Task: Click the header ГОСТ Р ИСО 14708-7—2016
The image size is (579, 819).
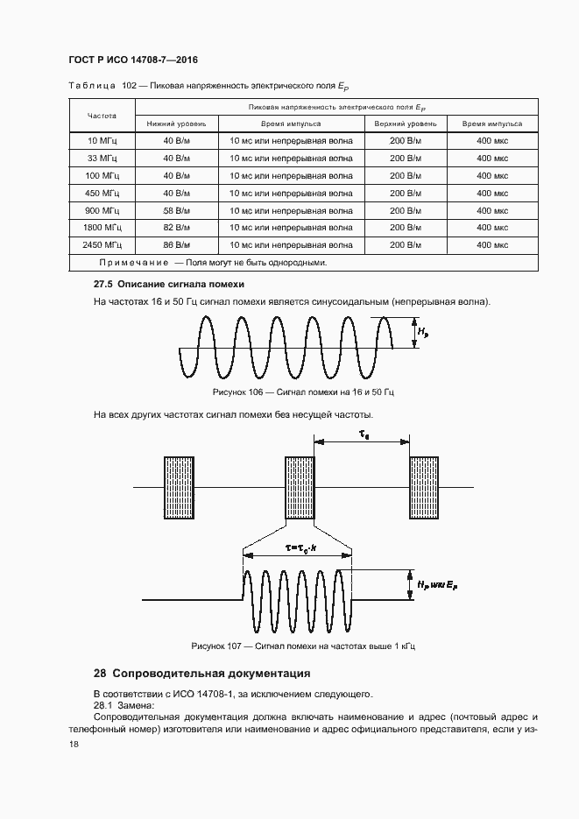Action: tap(132, 60)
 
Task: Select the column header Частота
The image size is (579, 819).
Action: tap(102, 116)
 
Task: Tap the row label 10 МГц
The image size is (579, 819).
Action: tap(102, 141)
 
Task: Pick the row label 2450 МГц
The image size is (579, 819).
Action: tap(102, 245)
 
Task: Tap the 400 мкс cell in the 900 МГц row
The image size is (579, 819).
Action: tap(492, 210)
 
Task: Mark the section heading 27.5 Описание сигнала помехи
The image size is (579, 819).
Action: tap(169, 285)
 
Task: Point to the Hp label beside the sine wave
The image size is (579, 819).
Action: tap(423, 332)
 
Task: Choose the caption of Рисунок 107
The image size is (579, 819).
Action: tap(302, 646)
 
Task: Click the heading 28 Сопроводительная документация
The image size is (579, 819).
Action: tap(201, 674)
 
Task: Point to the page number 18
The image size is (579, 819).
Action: tap(74, 744)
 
